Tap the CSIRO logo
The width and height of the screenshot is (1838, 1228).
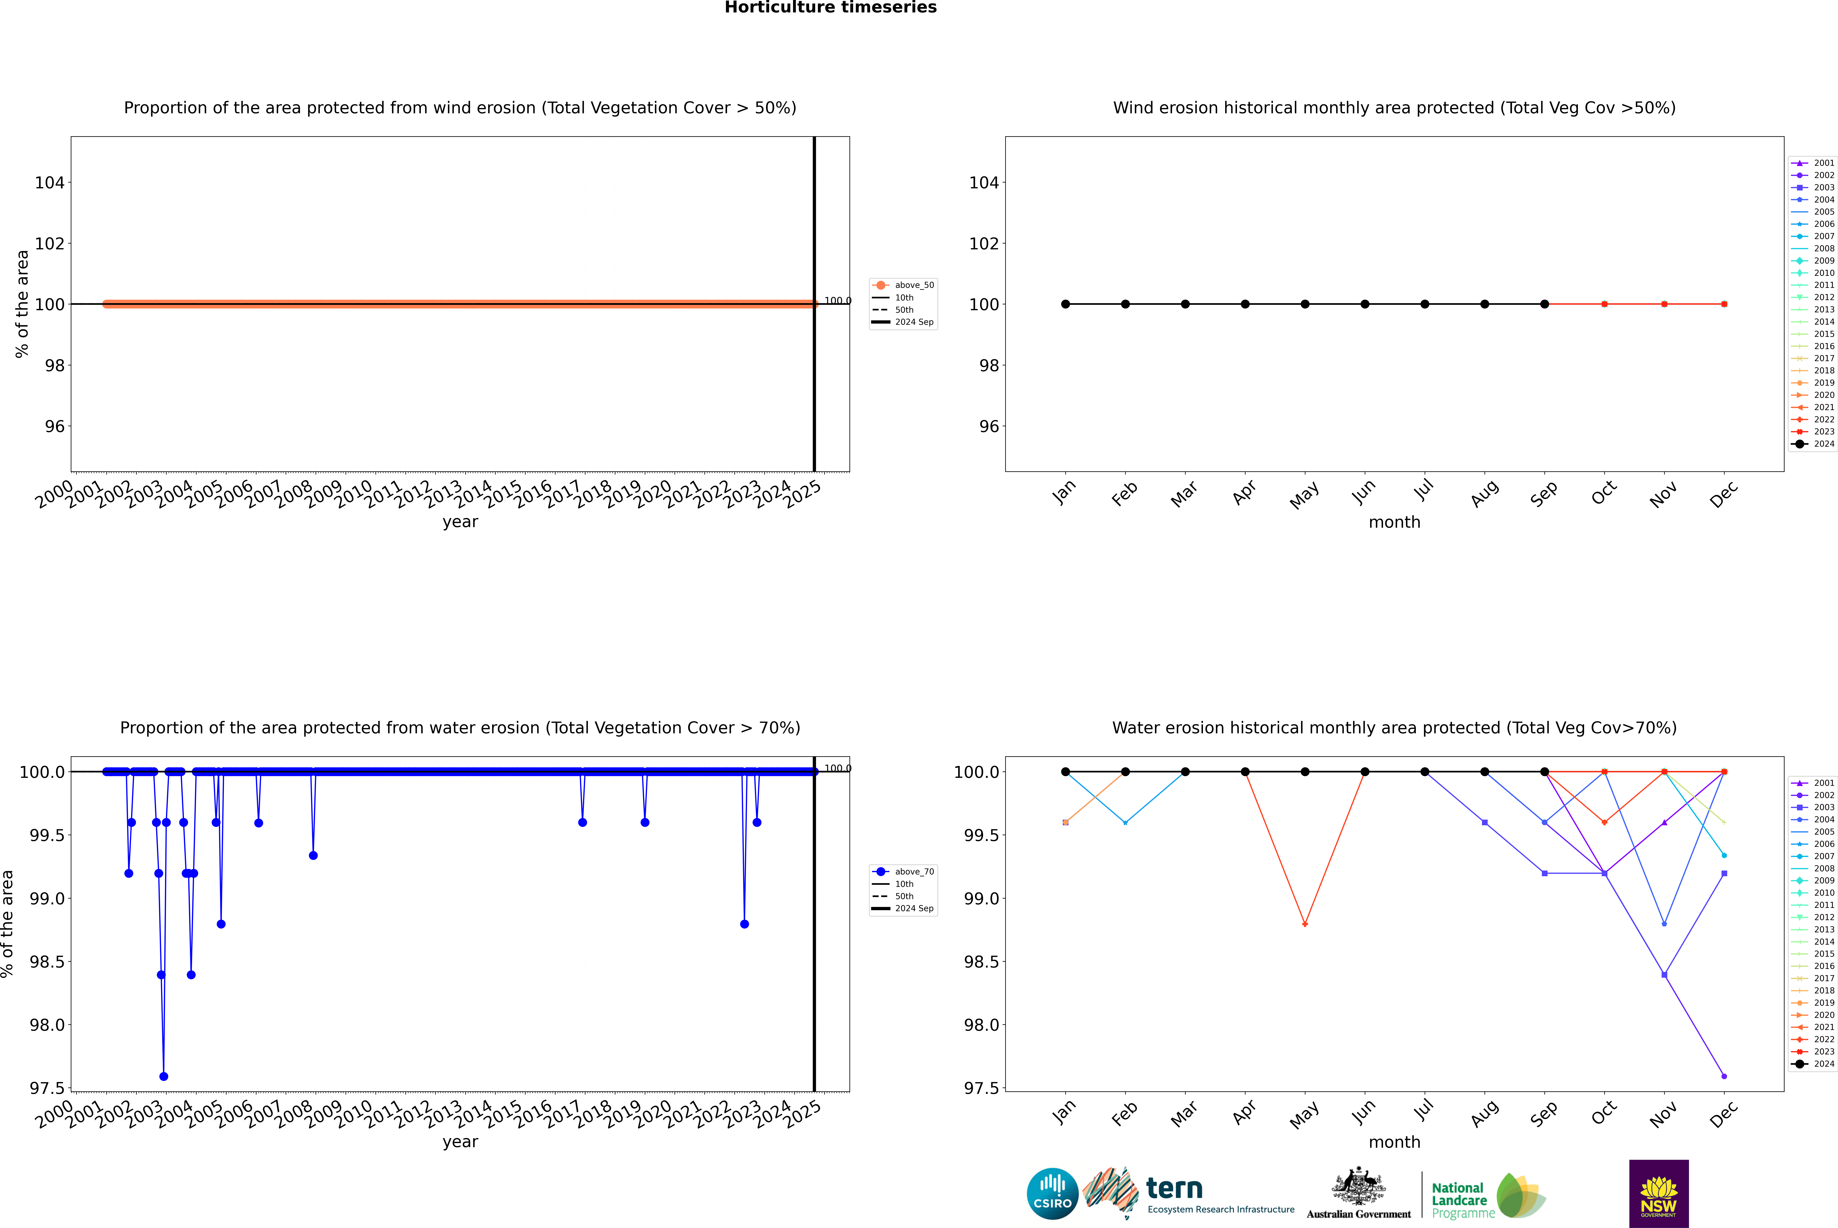(1052, 1194)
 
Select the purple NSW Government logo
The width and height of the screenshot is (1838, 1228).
(1659, 1194)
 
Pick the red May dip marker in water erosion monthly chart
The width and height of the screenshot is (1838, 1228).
(1304, 924)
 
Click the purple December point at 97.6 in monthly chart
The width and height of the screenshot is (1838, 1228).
(1724, 1076)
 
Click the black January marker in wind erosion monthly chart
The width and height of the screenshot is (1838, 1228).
(1066, 304)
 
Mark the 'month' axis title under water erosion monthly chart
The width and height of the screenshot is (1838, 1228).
(1394, 1142)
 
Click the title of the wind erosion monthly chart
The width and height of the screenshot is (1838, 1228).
(1394, 108)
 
